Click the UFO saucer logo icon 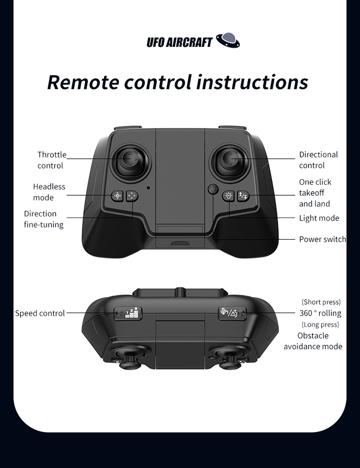[228, 40]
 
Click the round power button [213, 190]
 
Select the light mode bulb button [229, 196]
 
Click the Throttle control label [51, 160]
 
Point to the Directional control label [319, 160]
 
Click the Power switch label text [323, 239]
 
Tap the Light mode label [319, 218]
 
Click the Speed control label [40, 313]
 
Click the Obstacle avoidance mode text [313, 341]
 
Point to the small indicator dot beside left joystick [148, 188]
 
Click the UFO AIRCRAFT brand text [180, 42]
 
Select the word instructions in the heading [252, 82]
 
